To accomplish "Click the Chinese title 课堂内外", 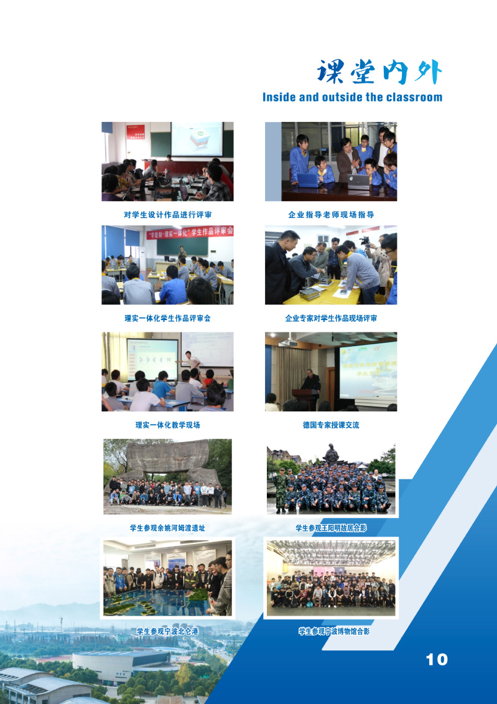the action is [379, 72].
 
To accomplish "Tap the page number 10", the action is [437, 660].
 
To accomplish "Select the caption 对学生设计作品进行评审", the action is [167, 215].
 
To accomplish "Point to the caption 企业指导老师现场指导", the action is [331, 215].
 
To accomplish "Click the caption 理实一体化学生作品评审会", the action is [167, 318].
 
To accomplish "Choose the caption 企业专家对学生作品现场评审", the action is [331, 318].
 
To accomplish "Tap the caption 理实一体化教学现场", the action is [167, 425].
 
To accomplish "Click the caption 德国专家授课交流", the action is [331, 425].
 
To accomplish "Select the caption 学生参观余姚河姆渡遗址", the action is [167, 528].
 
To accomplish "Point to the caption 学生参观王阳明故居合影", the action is [331, 528].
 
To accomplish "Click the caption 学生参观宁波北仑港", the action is [167, 631].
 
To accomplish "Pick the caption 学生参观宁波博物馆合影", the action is [334, 631].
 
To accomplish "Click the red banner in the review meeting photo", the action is [190, 232].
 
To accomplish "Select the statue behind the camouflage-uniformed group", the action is [331, 454].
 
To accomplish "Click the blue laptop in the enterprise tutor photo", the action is [308, 180].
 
